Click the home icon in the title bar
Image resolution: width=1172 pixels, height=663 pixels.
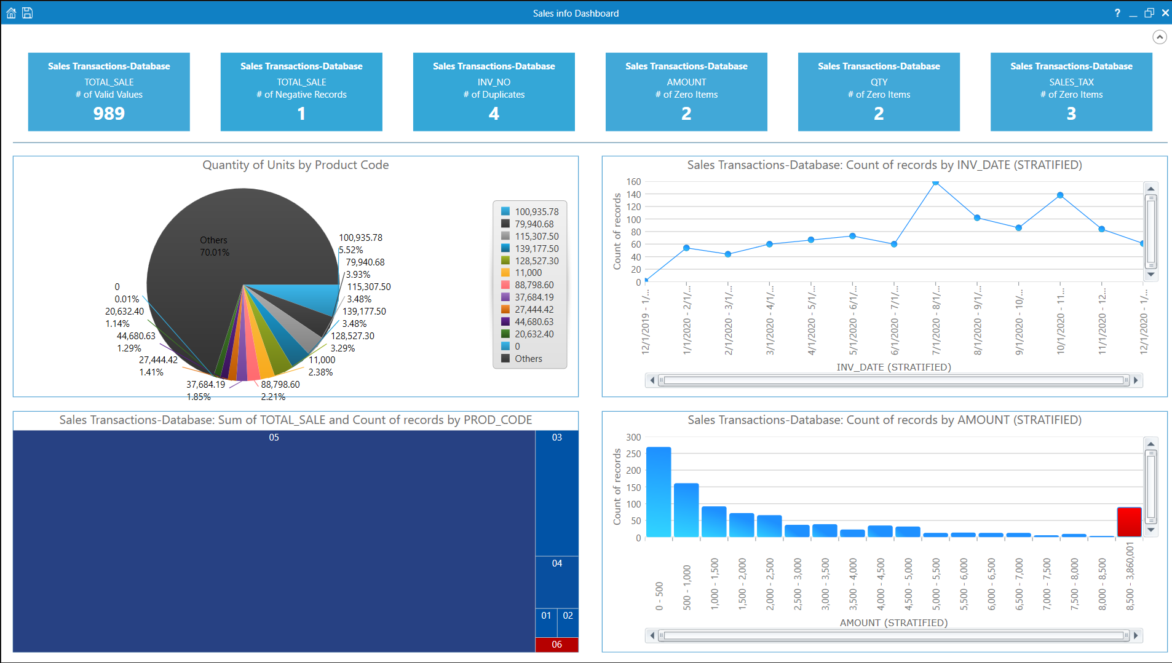[x=11, y=13]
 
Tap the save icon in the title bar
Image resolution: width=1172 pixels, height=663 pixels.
[x=28, y=13]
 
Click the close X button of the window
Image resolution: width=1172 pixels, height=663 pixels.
[x=1165, y=13]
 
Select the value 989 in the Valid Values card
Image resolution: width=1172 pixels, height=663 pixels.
[x=109, y=114]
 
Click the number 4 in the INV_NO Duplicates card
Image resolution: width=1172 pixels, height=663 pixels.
[x=494, y=114]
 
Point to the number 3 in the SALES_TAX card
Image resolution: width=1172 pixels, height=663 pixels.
[x=1071, y=114]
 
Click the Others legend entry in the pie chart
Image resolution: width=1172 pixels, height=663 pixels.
[x=528, y=359]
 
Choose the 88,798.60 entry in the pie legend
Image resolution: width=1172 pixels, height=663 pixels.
[x=534, y=285]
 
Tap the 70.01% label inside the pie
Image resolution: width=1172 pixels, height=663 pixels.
[x=215, y=253]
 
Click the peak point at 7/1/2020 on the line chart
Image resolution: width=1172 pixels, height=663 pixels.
[x=935, y=182]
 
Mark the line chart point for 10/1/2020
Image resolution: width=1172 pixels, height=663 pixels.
[x=1060, y=195]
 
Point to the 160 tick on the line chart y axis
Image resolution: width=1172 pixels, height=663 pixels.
[x=633, y=182]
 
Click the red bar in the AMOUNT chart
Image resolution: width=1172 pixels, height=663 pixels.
[x=1129, y=522]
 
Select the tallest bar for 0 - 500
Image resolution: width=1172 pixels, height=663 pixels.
[x=659, y=492]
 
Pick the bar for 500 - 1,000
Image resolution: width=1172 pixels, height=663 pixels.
[x=686, y=510]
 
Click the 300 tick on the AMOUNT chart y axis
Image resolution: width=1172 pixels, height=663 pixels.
[x=633, y=437]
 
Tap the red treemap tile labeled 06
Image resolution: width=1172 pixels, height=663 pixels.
[x=556, y=645]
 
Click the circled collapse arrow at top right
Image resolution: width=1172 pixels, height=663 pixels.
[x=1159, y=37]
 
